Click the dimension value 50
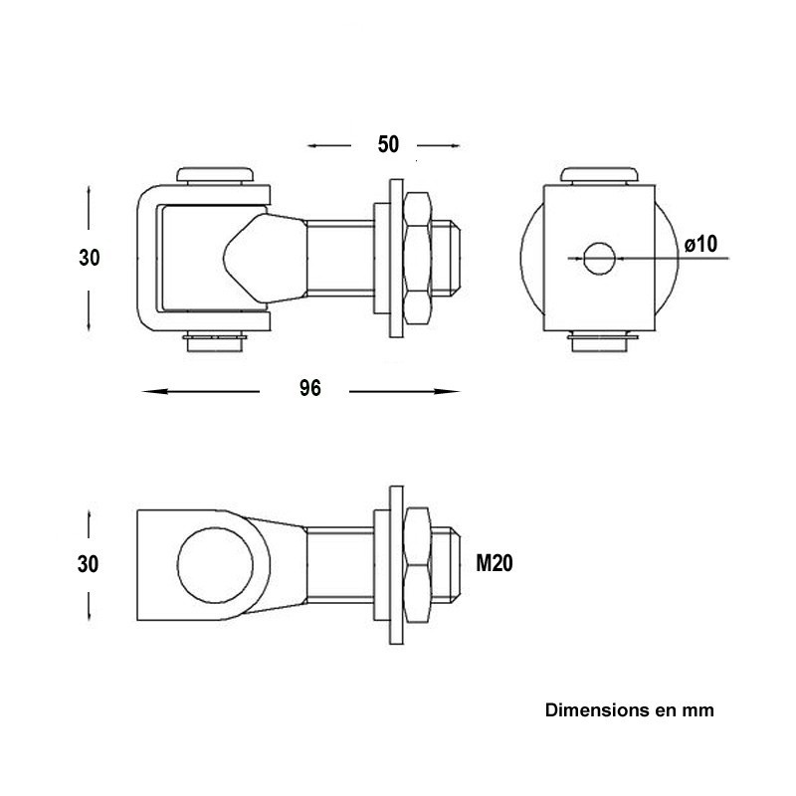388,144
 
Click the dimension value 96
310,388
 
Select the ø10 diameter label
701,244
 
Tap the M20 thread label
495,563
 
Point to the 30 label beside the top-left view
90,258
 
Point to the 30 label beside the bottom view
88,564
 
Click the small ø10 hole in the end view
600,259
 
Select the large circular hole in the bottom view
215,565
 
